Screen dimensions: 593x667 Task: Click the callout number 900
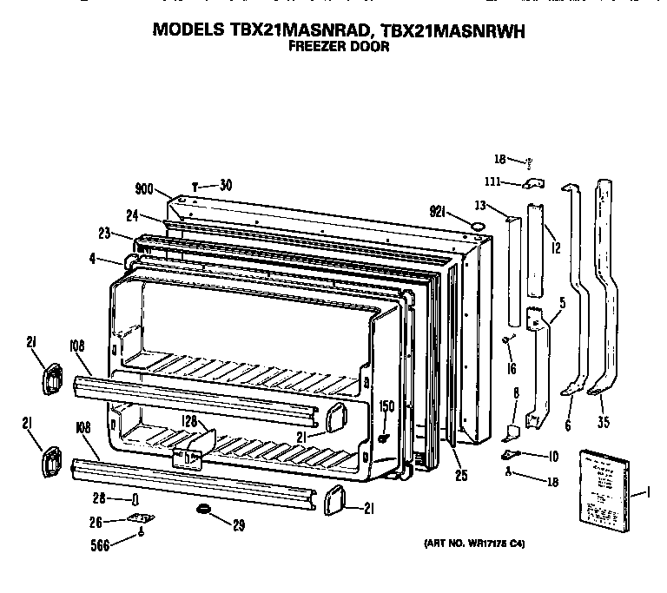click(x=145, y=188)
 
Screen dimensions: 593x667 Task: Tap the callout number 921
click(x=438, y=212)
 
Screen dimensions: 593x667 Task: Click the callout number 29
click(x=238, y=524)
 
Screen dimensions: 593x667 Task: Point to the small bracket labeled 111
click(x=532, y=183)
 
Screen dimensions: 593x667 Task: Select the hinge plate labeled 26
click(x=138, y=519)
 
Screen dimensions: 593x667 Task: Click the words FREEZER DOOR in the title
click(x=338, y=48)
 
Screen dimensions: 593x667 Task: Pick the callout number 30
click(x=226, y=183)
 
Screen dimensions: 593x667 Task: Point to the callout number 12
click(x=555, y=247)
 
